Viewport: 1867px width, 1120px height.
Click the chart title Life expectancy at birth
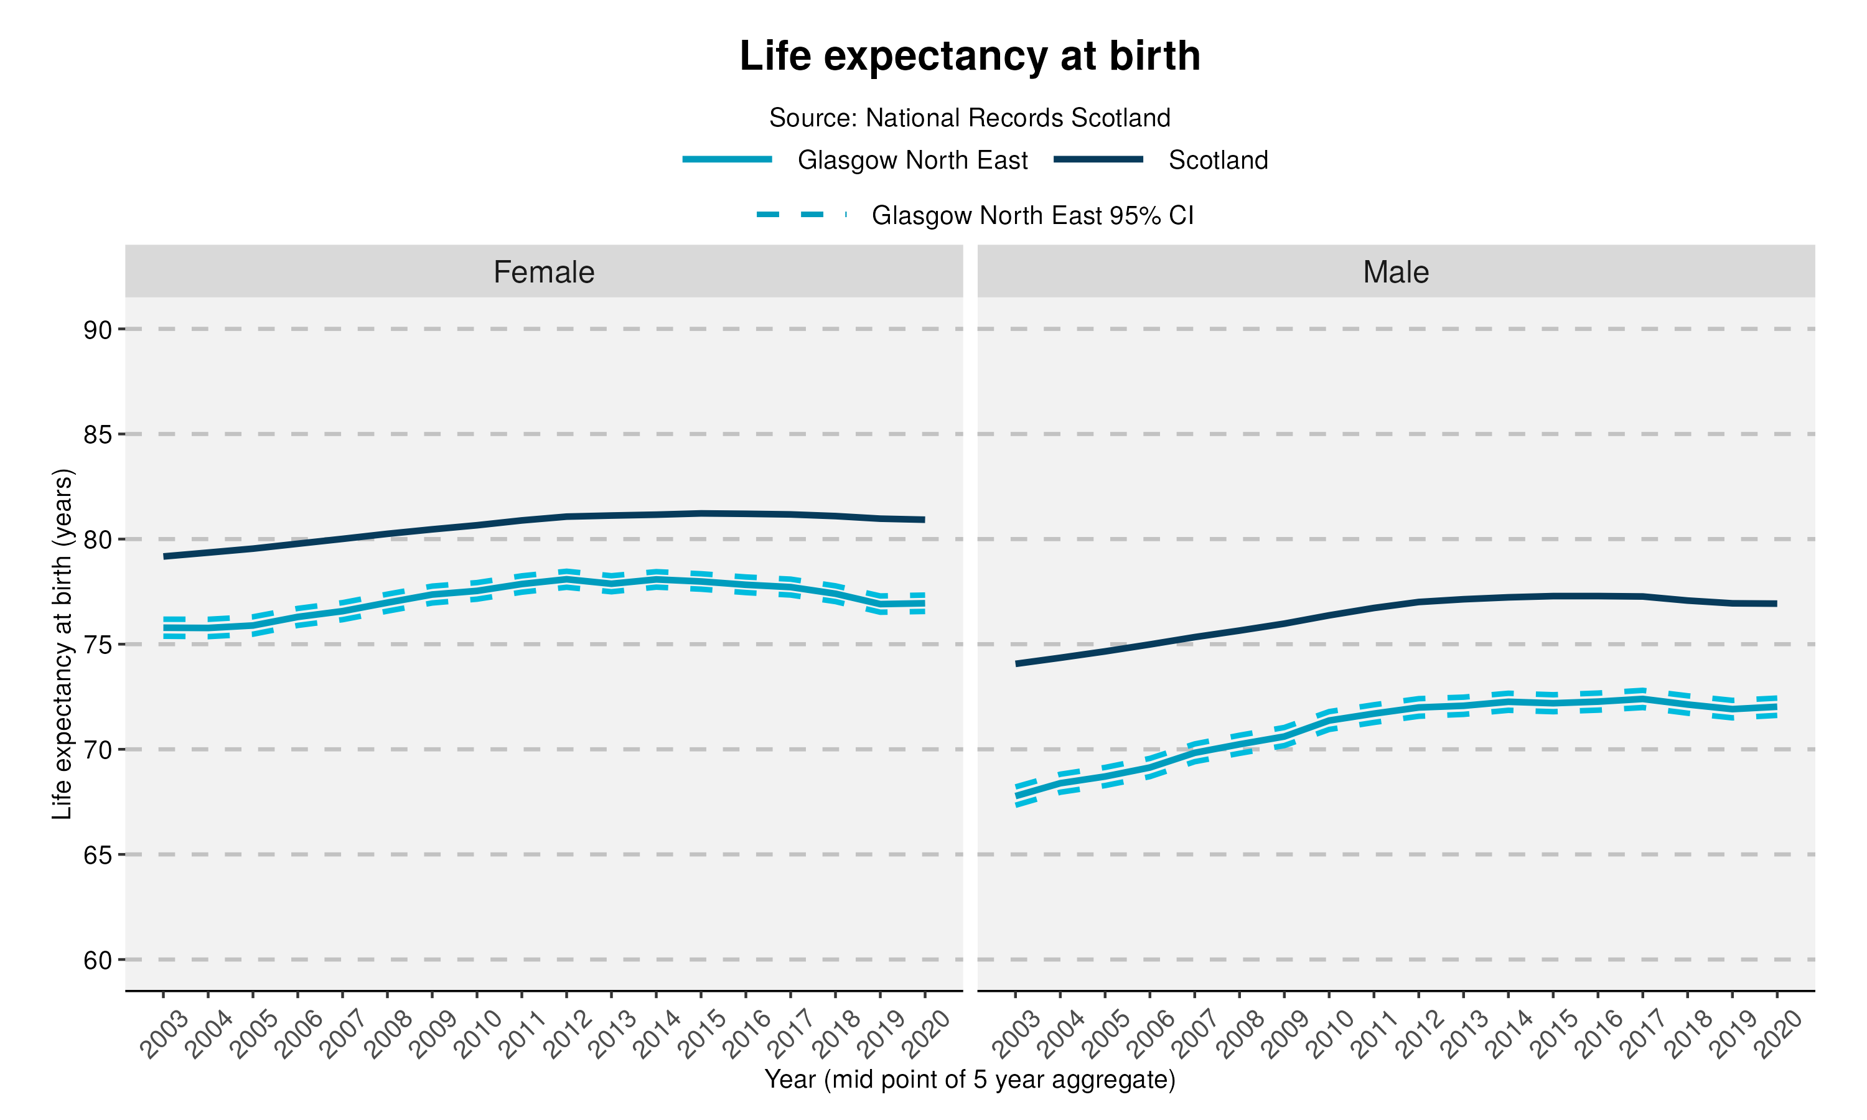pyautogui.click(x=969, y=56)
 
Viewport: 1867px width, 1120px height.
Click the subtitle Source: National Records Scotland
pyautogui.click(x=969, y=118)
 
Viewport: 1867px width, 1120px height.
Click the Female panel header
pyautogui.click(x=543, y=272)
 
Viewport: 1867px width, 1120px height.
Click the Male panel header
pyautogui.click(x=1395, y=272)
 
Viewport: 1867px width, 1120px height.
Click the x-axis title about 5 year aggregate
pyautogui.click(x=969, y=1080)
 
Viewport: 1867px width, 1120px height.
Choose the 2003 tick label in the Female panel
pyautogui.click(x=164, y=1034)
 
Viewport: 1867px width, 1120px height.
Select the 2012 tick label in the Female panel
pyautogui.click(x=568, y=1034)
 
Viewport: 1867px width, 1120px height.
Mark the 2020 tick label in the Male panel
pyautogui.click(x=1777, y=1034)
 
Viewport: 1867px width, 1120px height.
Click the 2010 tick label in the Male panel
pyautogui.click(x=1330, y=1034)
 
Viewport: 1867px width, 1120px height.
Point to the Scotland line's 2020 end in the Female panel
pyautogui.click(x=924, y=520)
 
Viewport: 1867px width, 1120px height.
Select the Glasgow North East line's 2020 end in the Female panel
pyautogui.click(x=924, y=603)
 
